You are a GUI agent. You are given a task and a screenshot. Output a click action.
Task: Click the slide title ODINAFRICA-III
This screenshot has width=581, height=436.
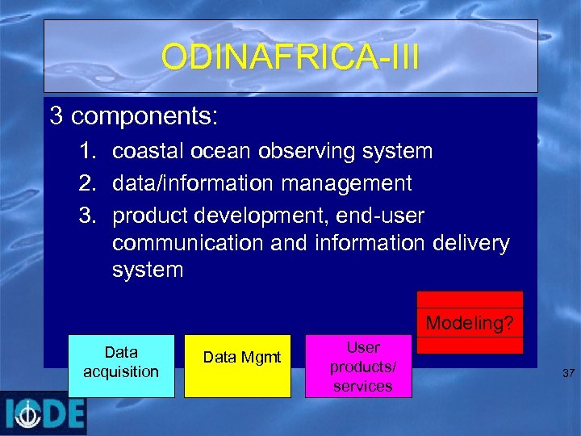pos(290,57)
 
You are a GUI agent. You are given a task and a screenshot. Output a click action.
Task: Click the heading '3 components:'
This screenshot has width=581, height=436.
pos(133,116)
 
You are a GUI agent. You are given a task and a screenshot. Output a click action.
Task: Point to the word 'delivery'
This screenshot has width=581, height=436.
pos(471,243)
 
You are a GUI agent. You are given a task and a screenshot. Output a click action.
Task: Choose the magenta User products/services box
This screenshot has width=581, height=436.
pos(358,367)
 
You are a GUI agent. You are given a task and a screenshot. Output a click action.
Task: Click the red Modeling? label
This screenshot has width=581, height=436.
pos(470,323)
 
